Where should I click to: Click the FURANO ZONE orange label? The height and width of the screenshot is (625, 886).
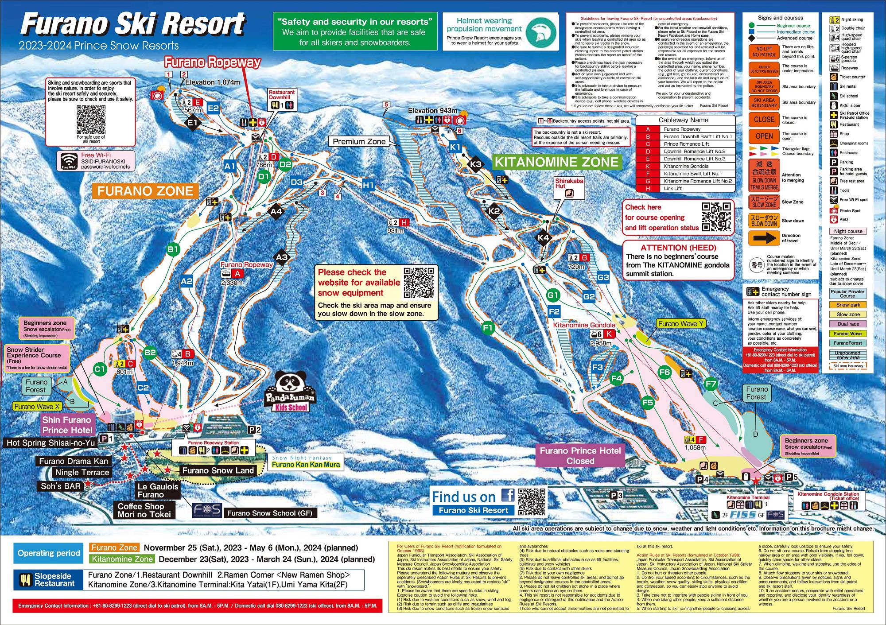pyautogui.click(x=145, y=191)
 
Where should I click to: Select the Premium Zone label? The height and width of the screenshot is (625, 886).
pyautogui.click(x=359, y=142)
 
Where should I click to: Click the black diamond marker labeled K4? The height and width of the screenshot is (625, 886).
pyautogui.click(x=543, y=238)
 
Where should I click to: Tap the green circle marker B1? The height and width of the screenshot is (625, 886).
pyautogui.click(x=173, y=249)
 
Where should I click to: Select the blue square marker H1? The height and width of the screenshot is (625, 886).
pyautogui.click(x=369, y=185)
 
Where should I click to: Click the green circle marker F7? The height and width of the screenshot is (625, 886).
pyautogui.click(x=710, y=384)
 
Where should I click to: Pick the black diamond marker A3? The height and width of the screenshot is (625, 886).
pyautogui.click(x=282, y=257)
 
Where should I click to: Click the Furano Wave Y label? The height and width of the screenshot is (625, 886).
pyautogui.click(x=680, y=324)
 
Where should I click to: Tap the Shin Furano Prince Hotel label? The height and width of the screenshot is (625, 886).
pyautogui.click(x=67, y=425)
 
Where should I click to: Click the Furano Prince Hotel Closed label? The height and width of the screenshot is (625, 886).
pyautogui.click(x=580, y=455)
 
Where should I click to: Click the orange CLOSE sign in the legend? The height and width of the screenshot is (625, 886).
pyautogui.click(x=764, y=120)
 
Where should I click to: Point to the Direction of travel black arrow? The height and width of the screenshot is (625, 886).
pyautogui.click(x=764, y=238)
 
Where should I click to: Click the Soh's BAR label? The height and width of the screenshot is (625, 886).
pyautogui.click(x=61, y=486)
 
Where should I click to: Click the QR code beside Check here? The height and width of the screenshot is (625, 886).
pyautogui.click(x=716, y=217)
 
